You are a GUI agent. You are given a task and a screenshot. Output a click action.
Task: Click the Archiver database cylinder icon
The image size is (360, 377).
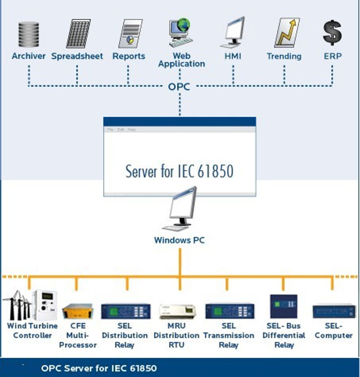click(29, 34)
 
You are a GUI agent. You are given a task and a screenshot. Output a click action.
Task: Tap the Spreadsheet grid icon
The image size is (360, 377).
click(78, 33)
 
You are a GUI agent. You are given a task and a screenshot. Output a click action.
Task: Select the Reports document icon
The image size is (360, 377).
click(130, 33)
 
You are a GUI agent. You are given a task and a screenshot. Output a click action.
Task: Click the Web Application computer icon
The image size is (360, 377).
click(180, 32)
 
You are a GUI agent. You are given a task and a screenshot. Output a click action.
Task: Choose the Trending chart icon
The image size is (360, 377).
click(286, 32)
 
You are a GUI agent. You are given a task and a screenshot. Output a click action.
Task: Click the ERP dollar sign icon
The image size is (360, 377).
click(332, 32)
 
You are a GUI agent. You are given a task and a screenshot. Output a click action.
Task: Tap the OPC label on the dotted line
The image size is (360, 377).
click(179, 86)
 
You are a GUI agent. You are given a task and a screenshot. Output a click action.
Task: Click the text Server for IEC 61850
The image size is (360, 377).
click(180, 171)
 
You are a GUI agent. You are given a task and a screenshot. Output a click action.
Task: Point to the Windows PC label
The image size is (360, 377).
click(180, 240)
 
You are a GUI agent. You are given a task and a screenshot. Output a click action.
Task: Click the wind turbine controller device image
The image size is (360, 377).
click(30, 305)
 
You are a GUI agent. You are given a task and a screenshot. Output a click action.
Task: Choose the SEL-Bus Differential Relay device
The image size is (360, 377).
click(284, 306)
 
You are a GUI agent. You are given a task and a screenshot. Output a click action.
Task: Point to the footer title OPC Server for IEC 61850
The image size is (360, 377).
click(99, 368)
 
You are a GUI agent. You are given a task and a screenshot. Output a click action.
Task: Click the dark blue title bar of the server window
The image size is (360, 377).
click(180, 121)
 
